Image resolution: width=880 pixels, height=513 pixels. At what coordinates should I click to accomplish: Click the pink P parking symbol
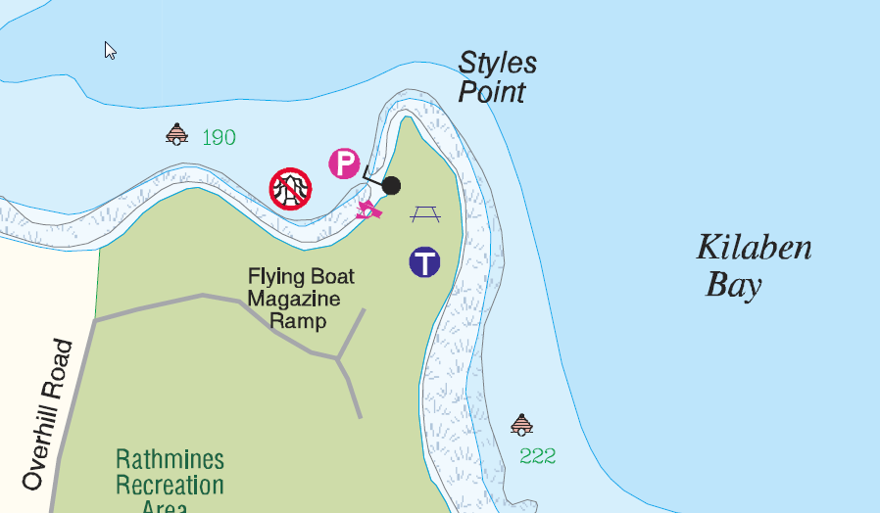pyautogui.click(x=344, y=163)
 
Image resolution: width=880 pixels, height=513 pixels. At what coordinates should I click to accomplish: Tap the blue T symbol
pyautogui.click(x=424, y=262)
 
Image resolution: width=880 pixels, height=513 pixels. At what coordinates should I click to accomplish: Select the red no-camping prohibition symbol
pyautogui.click(x=291, y=188)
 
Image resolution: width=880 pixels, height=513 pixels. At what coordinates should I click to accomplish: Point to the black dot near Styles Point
pyautogui.click(x=391, y=185)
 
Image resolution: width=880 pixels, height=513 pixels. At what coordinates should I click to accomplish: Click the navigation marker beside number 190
pyautogui.click(x=176, y=134)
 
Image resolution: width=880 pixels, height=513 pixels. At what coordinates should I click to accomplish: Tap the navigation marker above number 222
pyautogui.click(x=521, y=424)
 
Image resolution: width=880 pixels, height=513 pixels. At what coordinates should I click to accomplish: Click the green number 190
pyautogui.click(x=219, y=138)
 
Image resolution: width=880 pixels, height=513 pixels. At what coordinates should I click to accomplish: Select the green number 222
pyautogui.click(x=538, y=456)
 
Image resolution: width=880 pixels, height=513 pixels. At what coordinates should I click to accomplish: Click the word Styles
pyautogui.click(x=498, y=64)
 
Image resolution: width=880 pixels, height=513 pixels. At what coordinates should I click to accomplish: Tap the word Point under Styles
pyautogui.click(x=492, y=93)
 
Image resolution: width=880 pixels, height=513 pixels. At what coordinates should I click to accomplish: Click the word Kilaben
pyautogui.click(x=754, y=248)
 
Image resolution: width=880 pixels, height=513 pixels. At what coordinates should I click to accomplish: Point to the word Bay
pyautogui.click(x=734, y=286)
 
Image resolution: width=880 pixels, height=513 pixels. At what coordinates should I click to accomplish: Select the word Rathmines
pyautogui.click(x=170, y=460)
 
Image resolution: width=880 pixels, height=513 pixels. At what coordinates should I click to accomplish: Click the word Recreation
pyautogui.click(x=170, y=485)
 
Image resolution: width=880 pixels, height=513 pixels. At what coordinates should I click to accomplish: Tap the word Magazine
pyautogui.click(x=294, y=299)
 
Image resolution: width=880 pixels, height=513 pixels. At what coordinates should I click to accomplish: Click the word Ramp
pyautogui.click(x=298, y=320)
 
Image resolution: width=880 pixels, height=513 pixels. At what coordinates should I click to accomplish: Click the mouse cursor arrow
pyautogui.click(x=111, y=50)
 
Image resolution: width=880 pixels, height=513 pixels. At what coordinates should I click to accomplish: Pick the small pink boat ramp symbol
pyautogui.click(x=368, y=208)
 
